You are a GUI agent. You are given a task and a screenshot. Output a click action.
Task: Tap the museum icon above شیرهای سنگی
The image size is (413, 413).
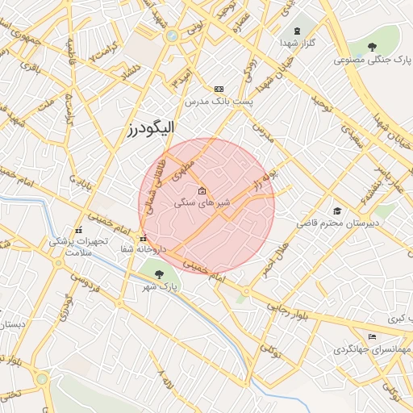[202, 191]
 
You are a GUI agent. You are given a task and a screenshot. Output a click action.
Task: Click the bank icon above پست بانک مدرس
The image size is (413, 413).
[219, 89]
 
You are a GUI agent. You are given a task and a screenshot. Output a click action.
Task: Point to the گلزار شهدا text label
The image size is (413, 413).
[297, 43]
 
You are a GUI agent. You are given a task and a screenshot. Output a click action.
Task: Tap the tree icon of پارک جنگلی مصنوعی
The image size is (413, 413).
[371, 47]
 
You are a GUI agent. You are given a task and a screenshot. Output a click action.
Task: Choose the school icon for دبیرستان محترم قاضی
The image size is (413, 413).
[336, 211]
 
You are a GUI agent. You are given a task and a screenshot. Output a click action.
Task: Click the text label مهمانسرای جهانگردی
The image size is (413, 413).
[372, 351]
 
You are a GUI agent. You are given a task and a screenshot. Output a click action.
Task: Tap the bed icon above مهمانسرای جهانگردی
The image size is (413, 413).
[372, 337]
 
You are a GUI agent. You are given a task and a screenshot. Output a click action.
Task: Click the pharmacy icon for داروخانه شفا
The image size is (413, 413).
[143, 239]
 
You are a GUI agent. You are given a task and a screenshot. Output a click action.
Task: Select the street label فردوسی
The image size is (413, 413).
[83, 286]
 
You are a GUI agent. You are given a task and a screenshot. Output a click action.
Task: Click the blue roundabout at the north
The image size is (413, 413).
[171, 35]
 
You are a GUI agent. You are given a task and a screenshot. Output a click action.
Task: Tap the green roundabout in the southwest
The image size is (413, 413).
[41, 378]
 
